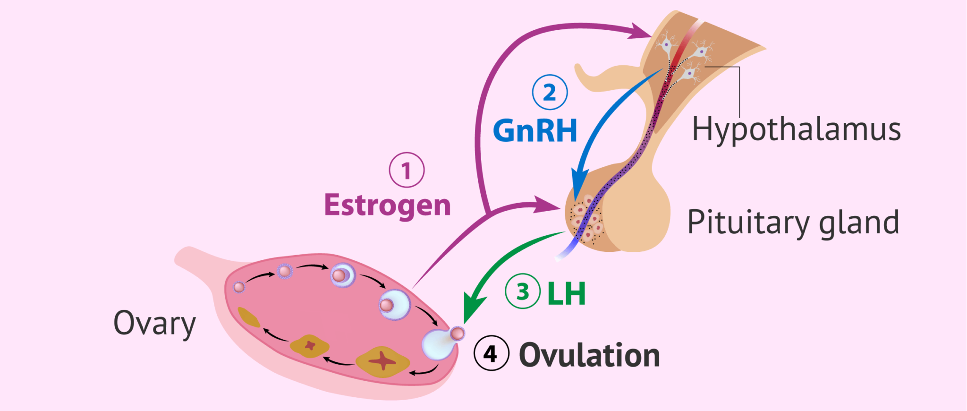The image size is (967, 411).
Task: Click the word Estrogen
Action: coord(387,205)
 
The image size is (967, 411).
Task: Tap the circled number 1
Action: coord(407,170)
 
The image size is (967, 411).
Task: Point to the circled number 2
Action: coord(550,93)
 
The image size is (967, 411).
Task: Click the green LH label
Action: coord(566,293)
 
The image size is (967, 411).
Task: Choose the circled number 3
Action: coord(522,291)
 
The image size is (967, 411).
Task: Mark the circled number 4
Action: coord(491,353)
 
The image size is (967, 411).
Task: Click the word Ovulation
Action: coord(589,355)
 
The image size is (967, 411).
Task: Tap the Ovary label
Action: coord(154,324)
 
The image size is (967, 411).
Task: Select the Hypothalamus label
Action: coord(796,129)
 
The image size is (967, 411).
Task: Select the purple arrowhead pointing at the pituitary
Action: coord(548,205)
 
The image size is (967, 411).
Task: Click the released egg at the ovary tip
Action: coord(458,334)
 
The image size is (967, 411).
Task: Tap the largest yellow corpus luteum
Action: coord(382,362)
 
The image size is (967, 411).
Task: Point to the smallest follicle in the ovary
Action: coord(239,287)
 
